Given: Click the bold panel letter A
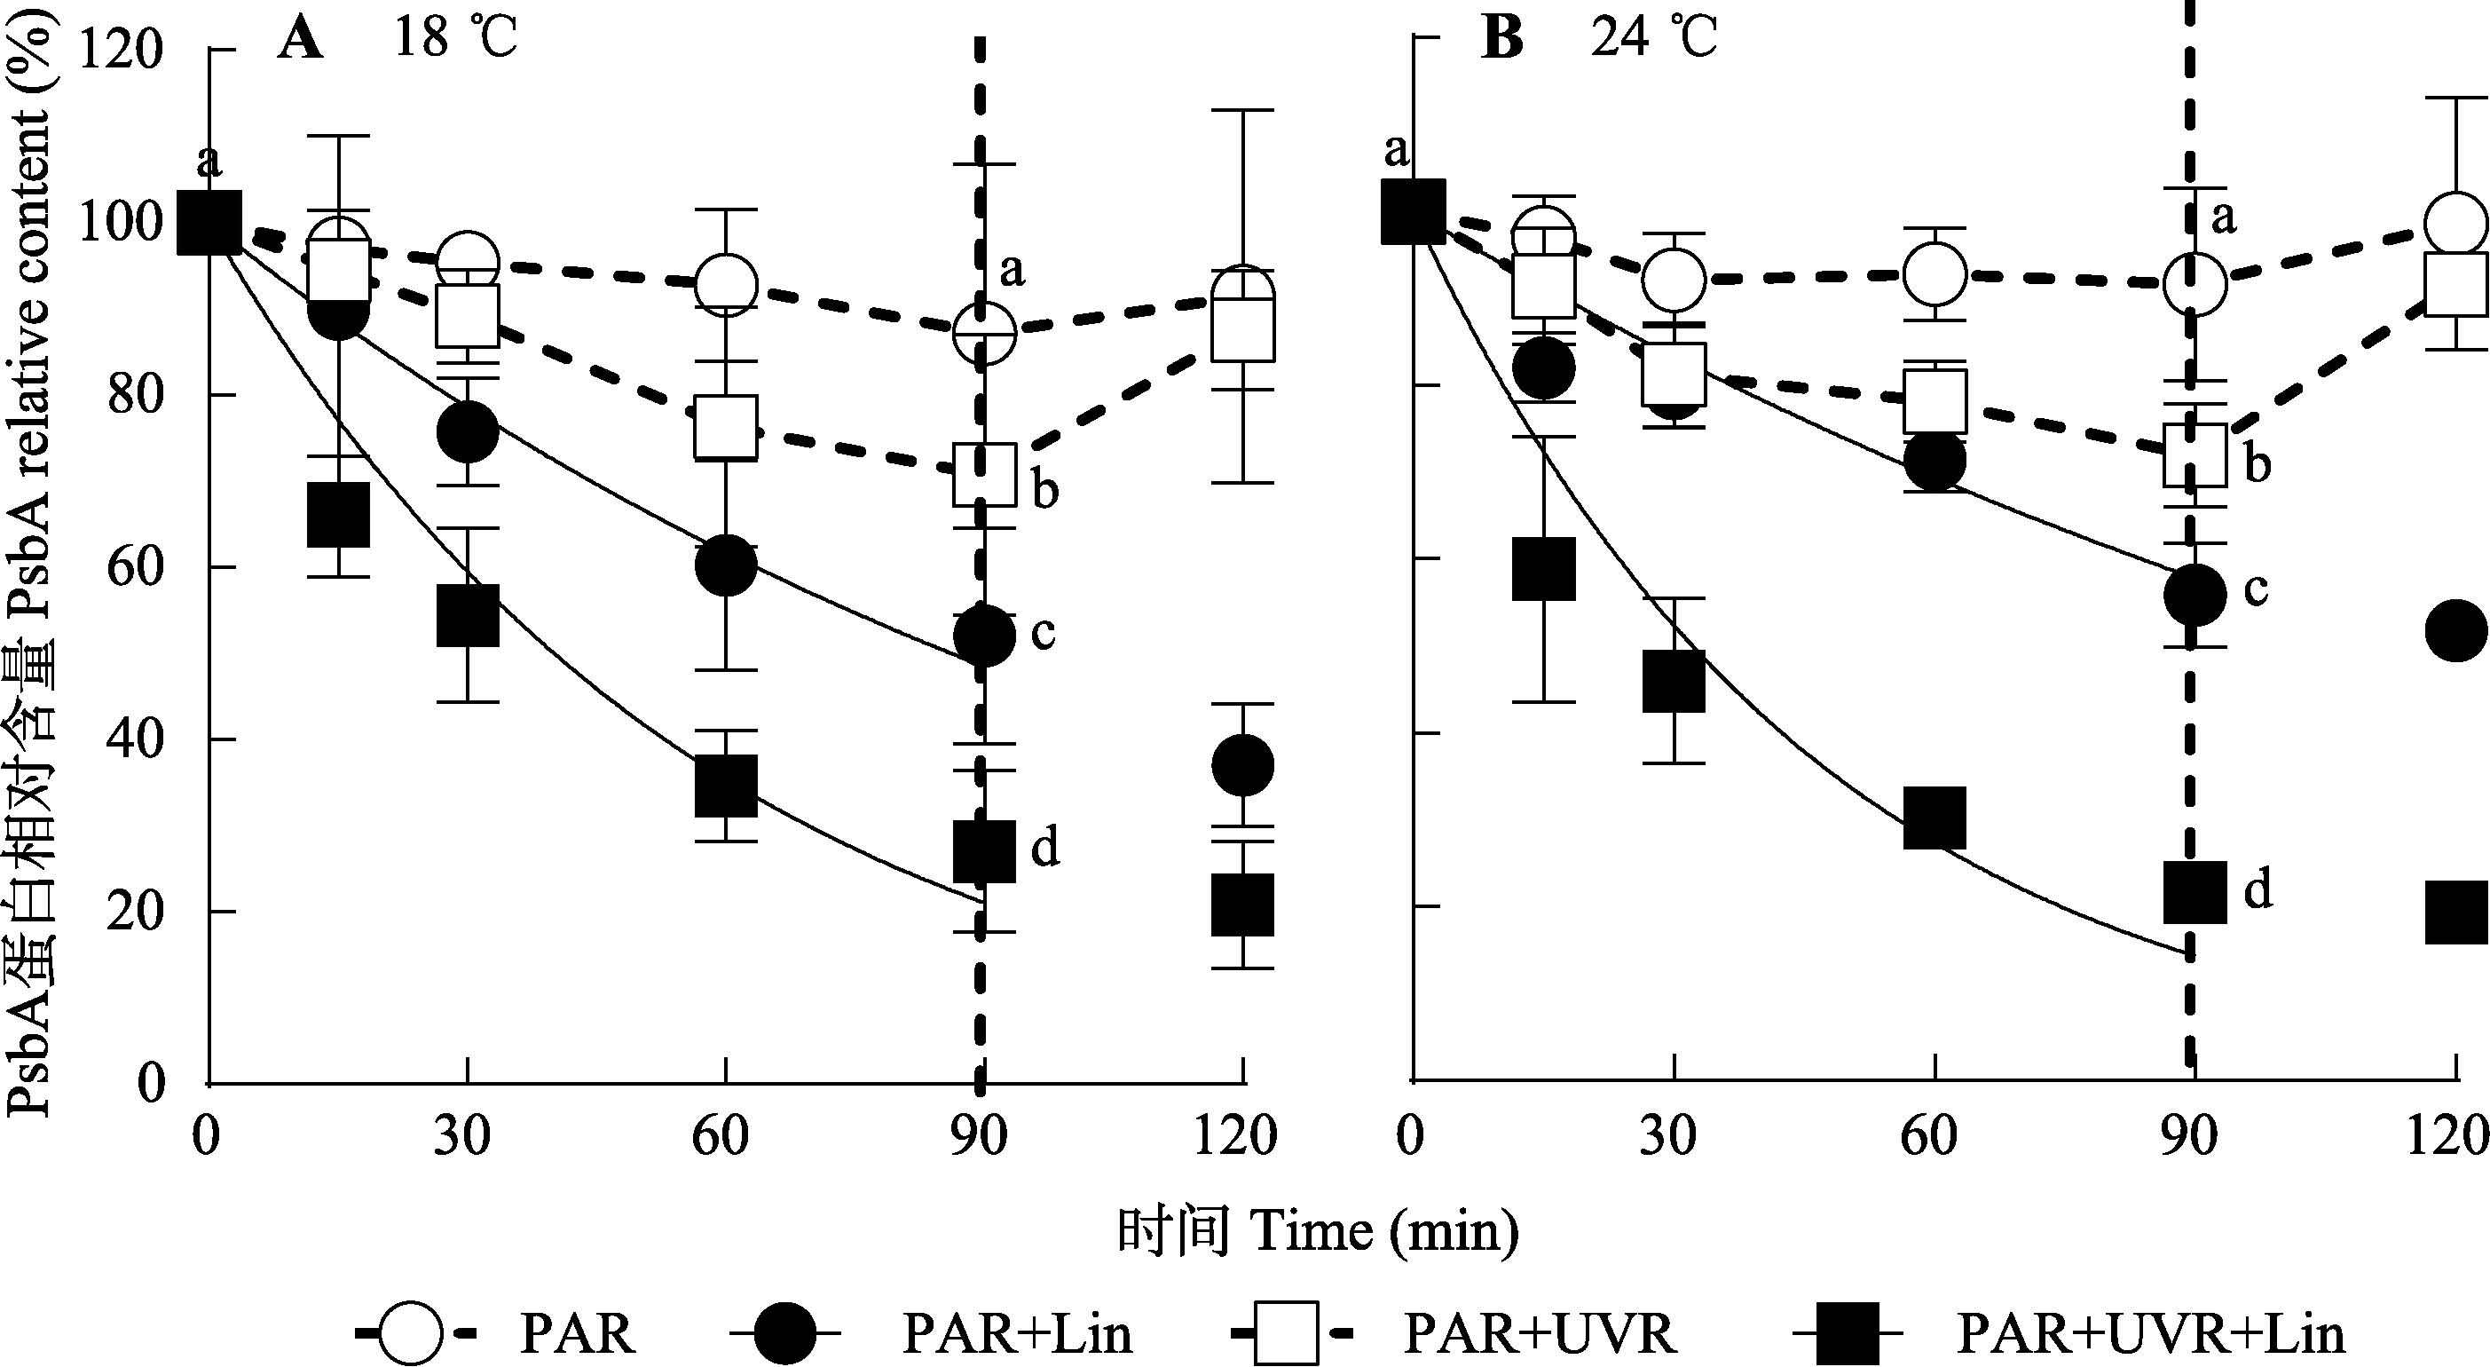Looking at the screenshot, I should tap(300, 40).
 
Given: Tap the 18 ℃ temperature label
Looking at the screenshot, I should tap(455, 40).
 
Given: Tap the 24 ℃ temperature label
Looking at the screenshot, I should tap(1654, 40).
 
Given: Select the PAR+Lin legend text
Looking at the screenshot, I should tap(1017, 1334).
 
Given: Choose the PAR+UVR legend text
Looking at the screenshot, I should tap(1539, 1334).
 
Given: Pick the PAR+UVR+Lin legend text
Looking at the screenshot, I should tap(2151, 1334).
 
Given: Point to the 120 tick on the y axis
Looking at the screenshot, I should tap(121, 51).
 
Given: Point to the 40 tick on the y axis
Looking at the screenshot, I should tap(135, 739).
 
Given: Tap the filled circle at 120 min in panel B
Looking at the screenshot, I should tap(2456, 630).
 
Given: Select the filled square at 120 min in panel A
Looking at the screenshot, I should tap(1243, 904).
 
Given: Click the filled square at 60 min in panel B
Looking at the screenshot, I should tap(1934, 816).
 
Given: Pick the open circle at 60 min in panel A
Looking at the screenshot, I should tap(726, 284).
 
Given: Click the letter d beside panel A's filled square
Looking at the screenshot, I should tap(1045, 847).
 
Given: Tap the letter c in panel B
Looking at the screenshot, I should tap(2255, 588).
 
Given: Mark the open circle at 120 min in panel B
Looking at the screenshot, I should tap(2456, 225).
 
